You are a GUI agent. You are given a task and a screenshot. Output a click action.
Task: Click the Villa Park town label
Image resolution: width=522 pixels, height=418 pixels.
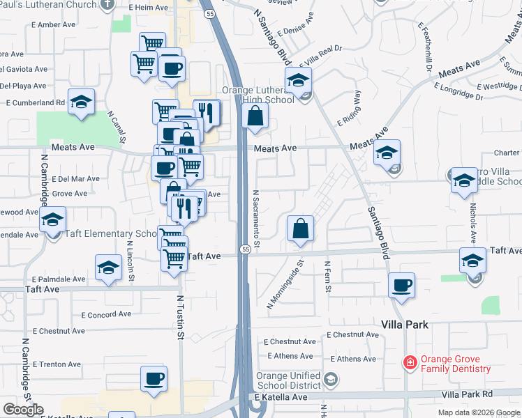tap(404, 325)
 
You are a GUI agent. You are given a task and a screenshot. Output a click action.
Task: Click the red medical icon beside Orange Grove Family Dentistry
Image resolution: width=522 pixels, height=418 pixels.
tap(410, 362)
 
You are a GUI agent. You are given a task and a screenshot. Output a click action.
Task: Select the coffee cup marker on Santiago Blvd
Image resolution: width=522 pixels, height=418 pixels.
tap(402, 285)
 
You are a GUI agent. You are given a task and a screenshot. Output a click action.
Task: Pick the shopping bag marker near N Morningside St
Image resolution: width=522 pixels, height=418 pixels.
tap(300, 229)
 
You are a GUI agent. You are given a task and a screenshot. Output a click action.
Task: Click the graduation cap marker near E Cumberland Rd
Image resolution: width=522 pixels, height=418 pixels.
tap(81, 102)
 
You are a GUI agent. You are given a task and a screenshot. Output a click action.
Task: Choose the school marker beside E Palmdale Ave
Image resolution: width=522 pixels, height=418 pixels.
tap(108, 268)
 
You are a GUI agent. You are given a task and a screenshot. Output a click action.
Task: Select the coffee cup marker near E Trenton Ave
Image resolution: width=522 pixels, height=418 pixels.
tap(154, 379)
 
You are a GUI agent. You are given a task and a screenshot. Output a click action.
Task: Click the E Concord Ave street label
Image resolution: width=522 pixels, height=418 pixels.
tap(105, 314)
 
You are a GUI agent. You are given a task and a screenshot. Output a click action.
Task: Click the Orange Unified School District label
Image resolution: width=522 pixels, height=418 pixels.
tap(289, 381)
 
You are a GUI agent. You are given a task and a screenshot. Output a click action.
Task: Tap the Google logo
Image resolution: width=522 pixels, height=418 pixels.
tap(23, 410)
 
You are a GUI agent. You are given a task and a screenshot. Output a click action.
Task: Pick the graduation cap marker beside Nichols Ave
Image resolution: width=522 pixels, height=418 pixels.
tap(464, 181)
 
